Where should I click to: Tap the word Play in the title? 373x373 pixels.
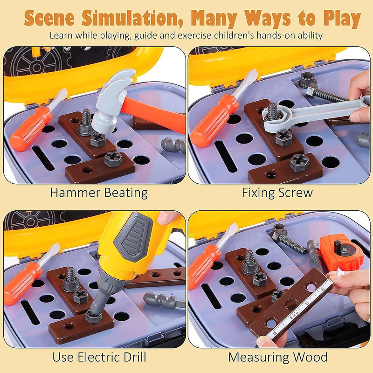pyautogui.click(x=342, y=19)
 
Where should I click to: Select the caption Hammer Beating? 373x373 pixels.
pyautogui.click(x=99, y=193)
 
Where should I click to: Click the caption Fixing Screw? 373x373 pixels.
pyautogui.click(x=277, y=193)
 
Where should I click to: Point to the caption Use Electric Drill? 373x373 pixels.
pyautogui.click(x=99, y=357)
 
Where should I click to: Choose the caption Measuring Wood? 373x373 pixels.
pyautogui.click(x=277, y=357)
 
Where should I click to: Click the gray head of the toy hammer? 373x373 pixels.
pyautogui.click(x=112, y=100)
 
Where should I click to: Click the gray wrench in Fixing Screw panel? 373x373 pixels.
pyautogui.click(x=314, y=114)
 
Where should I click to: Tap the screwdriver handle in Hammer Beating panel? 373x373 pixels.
pyautogui.click(x=31, y=129)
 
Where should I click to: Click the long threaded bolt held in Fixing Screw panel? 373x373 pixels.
pyautogui.click(x=327, y=95)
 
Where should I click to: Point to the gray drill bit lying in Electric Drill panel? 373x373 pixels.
pyautogui.click(x=164, y=301)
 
